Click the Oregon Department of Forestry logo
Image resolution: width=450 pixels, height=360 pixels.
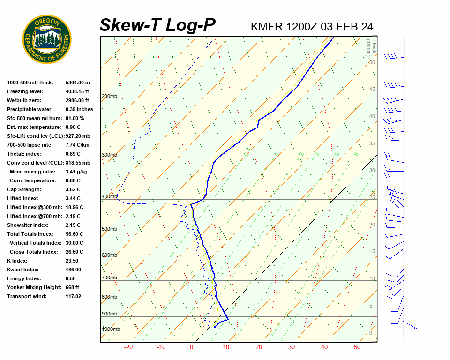(47, 39)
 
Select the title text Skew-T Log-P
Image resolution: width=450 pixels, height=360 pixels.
(157, 25)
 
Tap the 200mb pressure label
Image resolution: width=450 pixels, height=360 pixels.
(109, 97)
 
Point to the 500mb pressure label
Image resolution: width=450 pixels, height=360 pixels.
(109, 229)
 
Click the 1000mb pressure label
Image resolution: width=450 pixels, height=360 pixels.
(111, 330)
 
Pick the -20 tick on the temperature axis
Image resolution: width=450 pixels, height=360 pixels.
(128, 347)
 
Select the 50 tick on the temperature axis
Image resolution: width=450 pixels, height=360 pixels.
(357, 347)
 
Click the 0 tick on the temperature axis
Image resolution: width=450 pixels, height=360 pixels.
(191, 347)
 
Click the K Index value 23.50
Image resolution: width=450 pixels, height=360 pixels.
(72, 261)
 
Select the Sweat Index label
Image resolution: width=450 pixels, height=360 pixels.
(23, 270)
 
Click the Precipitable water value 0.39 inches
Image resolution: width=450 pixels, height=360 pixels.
(79, 109)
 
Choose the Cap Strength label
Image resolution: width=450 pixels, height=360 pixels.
(24, 189)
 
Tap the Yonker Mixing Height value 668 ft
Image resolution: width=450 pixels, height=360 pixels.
(72, 287)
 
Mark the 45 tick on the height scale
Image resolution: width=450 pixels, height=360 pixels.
(372, 90)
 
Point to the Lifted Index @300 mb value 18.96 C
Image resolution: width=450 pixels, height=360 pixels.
(75, 207)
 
